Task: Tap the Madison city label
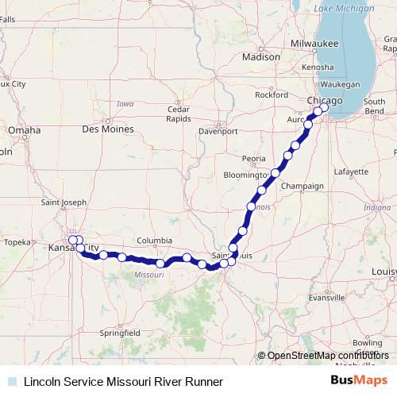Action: coord(261,56)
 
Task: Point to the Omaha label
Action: coord(24,130)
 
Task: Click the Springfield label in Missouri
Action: coord(121,332)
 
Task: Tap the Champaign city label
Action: coord(303,186)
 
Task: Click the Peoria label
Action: coord(254,158)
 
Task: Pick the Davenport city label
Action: coord(218,130)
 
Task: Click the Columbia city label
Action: coord(153,240)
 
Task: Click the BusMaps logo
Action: coord(360,381)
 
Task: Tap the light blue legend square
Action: coord(11,381)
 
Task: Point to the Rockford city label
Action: coord(272,94)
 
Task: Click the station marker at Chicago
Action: coord(324,108)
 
